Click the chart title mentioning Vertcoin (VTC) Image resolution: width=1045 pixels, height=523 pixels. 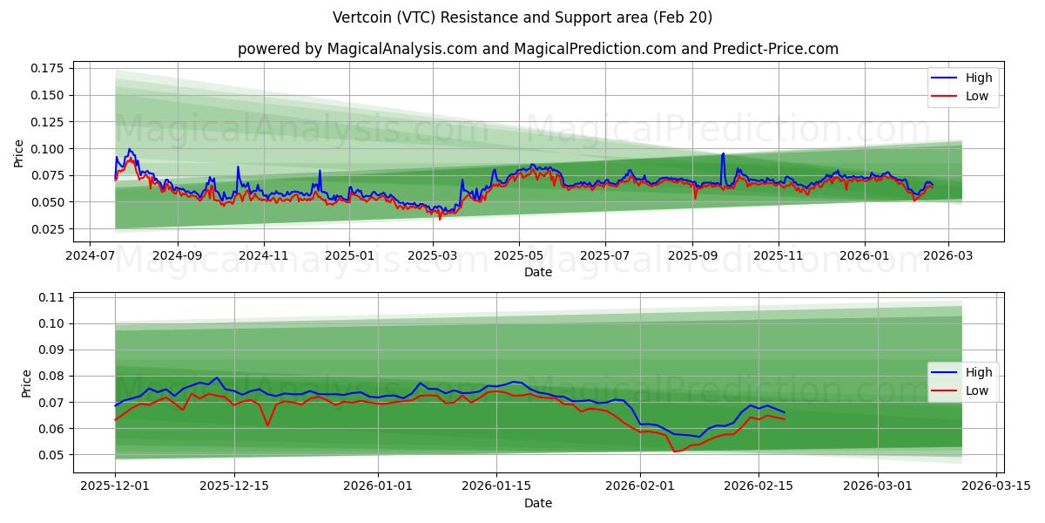[x=522, y=17]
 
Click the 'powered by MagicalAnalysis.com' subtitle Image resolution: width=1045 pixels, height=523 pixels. [x=537, y=49]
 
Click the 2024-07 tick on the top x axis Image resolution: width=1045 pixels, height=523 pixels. [x=91, y=257]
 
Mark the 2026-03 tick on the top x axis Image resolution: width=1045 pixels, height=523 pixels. [x=947, y=257]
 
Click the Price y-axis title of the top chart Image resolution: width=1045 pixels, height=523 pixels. [x=19, y=153]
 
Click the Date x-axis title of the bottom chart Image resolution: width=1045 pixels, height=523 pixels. [x=537, y=503]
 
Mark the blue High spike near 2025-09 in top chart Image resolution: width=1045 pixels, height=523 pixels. [x=723, y=154]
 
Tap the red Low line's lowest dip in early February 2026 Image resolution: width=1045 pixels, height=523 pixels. [x=674, y=452]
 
